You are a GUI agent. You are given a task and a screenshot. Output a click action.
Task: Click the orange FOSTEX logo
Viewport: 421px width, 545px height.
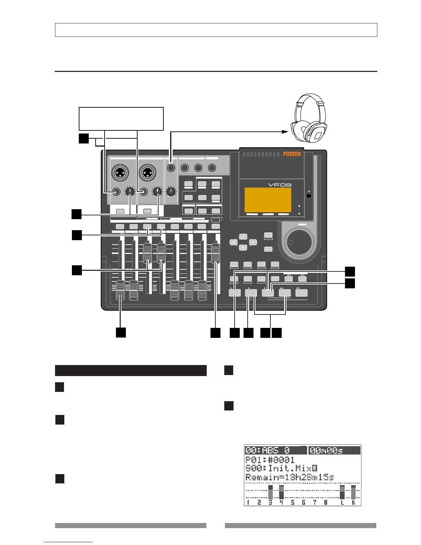pyautogui.click(x=292, y=154)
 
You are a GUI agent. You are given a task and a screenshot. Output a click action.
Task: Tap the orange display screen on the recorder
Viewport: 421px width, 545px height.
pyautogui.click(x=268, y=200)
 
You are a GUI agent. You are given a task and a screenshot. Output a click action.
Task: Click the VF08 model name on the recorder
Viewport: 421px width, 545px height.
pyautogui.click(x=280, y=185)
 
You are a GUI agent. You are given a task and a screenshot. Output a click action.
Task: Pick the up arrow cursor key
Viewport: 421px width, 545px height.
pyautogui.click(x=243, y=237)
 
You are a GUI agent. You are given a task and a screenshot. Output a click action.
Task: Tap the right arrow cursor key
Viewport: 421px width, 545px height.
pyautogui.click(x=252, y=242)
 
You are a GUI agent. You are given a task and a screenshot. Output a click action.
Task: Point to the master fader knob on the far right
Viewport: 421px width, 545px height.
pyautogui.click(x=215, y=253)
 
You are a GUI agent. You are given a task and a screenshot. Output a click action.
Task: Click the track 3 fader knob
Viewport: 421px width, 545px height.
pyautogui.click(x=147, y=253)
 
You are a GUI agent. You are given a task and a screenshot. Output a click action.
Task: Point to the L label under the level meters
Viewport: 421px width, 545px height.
pyautogui.click(x=342, y=502)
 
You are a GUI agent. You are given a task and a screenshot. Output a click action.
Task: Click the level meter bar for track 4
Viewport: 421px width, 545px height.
pyautogui.click(x=281, y=492)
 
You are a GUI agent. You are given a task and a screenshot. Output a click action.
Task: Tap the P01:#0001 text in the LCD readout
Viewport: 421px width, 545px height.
pyautogui.click(x=270, y=460)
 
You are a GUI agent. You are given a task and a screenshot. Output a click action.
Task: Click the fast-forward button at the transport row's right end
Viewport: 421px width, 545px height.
pyautogui.click(x=301, y=293)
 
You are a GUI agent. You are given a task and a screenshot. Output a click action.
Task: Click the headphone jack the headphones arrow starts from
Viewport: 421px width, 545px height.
pyautogui.click(x=171, y=168)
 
